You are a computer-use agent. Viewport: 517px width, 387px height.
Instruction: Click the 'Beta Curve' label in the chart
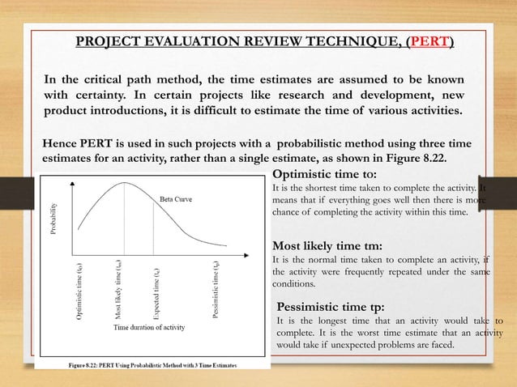coord(175,198)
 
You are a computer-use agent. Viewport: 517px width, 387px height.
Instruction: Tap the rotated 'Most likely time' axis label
coord(117,287)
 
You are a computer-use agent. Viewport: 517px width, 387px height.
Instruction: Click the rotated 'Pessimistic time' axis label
coord(216,289)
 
